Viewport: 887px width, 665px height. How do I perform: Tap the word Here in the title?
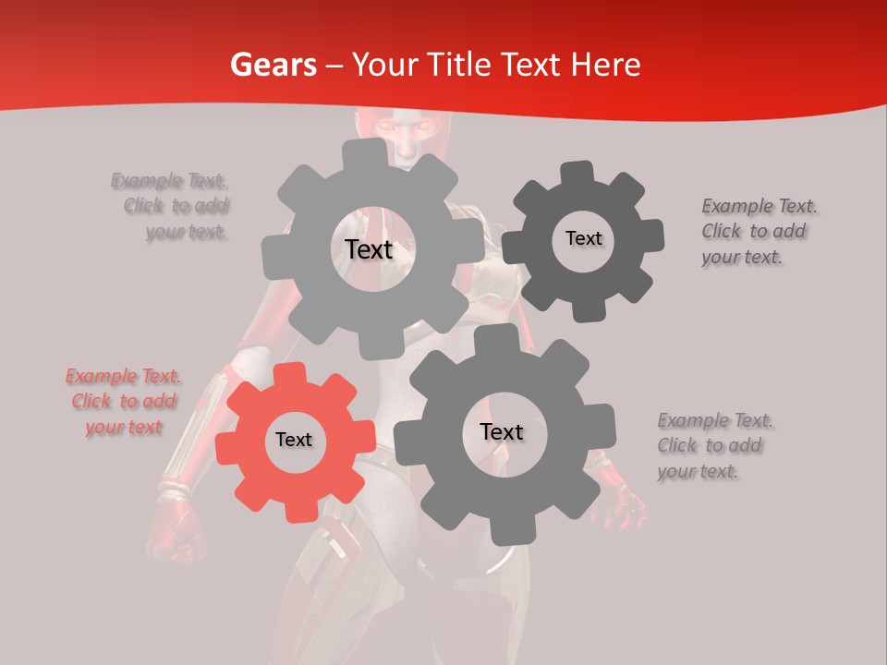pyautogui.click(x=606, y=65)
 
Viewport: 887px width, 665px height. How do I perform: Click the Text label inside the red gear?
pyautogui.click(x=294, y=441)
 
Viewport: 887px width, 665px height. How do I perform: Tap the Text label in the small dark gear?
pyautogui.click(x=583, y=238)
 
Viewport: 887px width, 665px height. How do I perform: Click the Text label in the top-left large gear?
pyautogui.click(x=369, y=249)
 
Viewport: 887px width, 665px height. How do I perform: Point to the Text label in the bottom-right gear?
pyautogui.click(x=502, y=432)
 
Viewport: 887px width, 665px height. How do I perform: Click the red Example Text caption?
pyautogui.click(x=124, y=402)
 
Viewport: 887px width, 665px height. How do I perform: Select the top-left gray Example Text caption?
pyautogui.click(x=171, y=206)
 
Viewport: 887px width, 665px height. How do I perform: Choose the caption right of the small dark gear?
pyautogui.click(x=759, y=231)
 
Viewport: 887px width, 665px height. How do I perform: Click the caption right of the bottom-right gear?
pyautogui.click(x=714, y=445)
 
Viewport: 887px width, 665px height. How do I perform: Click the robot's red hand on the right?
pyautogui.click(x=625, y=503)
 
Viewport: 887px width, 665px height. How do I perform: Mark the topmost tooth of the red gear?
pyautogui.click(x=290, y=373)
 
